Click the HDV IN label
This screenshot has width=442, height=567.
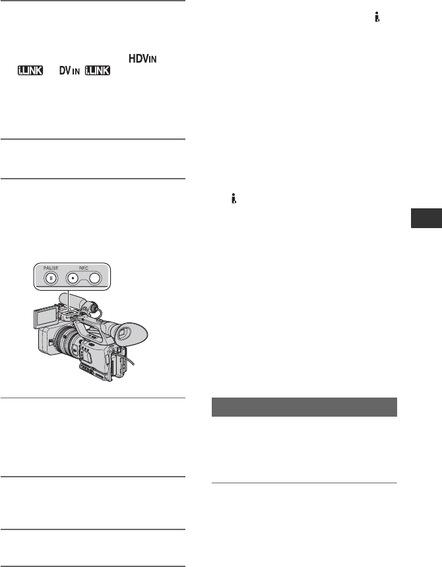coord(142,59)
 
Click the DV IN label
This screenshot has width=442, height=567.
coord(69,71)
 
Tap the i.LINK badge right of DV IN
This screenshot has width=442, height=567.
coord(98,71)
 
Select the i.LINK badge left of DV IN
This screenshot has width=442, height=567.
coord(30,71)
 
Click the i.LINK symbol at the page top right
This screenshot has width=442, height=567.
coord(377,17)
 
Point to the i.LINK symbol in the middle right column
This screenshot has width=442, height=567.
coord(234,198)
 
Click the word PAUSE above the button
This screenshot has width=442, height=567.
coord(51,268)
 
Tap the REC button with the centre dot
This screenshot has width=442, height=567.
coord(73,278)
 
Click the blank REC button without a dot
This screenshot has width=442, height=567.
coord(95,278)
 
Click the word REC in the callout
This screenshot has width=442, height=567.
coord(84,268)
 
